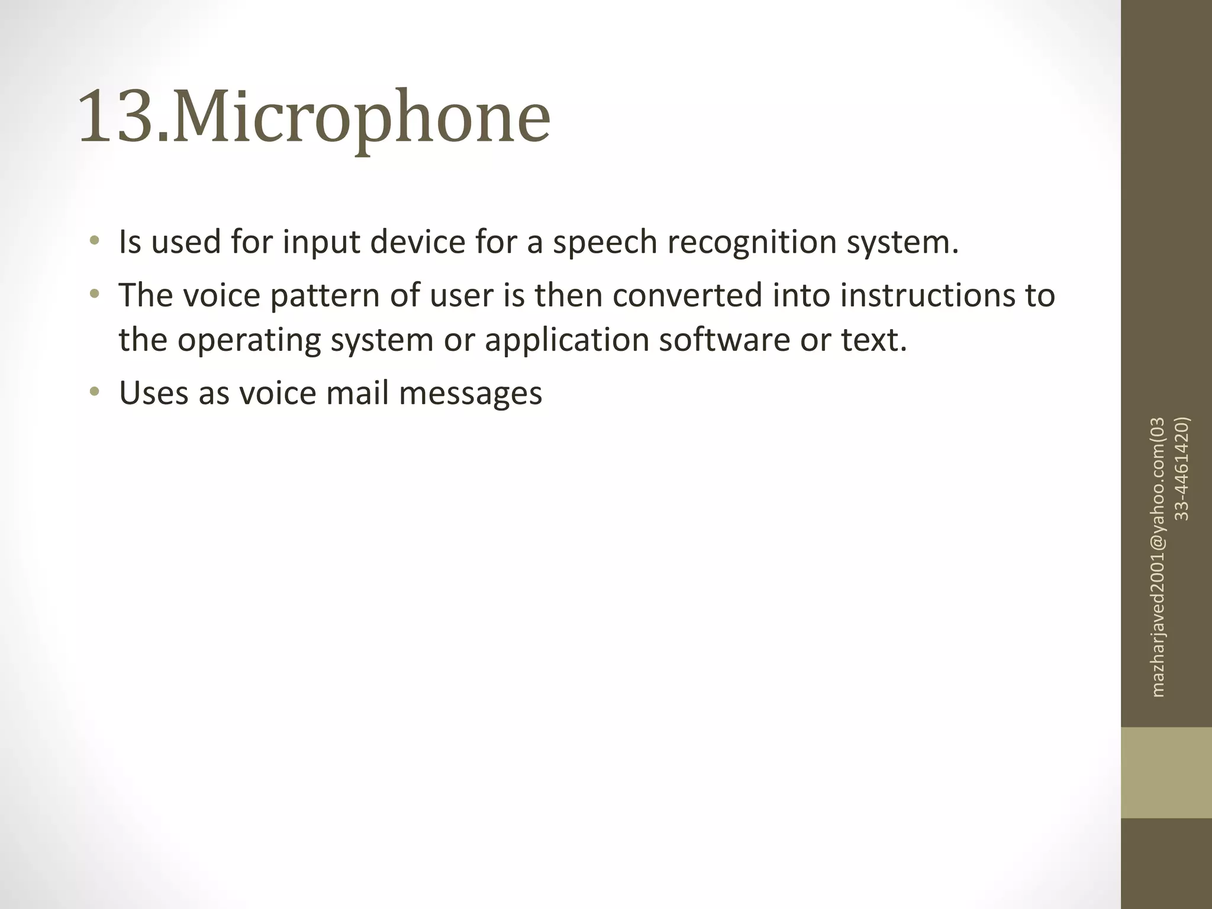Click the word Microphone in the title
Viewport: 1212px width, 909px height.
point(361,118)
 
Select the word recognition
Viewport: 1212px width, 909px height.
point(752,243)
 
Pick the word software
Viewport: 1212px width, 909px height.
point(724,341)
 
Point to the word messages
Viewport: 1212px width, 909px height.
point(470,394)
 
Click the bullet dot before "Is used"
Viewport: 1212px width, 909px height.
point(94,241)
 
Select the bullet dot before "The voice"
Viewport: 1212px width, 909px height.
point(94,294)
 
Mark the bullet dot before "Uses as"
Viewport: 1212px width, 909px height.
point(94,392)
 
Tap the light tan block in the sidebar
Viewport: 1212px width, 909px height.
point(1166,772)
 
